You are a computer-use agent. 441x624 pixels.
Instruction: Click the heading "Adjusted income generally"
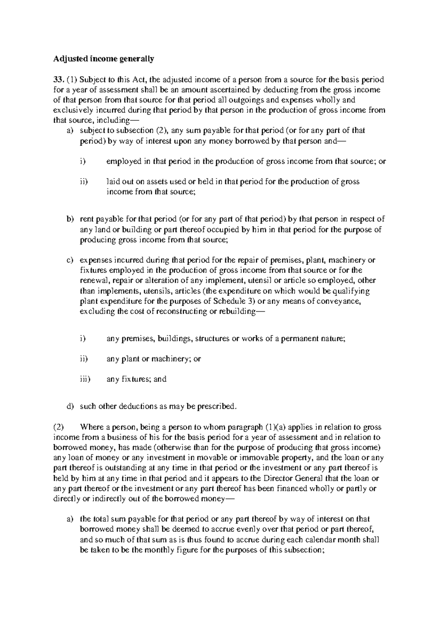pos(104,58)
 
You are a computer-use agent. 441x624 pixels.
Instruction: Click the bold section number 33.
pos(59,79)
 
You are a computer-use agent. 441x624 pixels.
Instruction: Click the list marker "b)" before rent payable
pos(70,219)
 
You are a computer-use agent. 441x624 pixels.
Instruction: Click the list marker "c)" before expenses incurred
pos(70,260)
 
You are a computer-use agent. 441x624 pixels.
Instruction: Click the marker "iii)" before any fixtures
pos(85,379)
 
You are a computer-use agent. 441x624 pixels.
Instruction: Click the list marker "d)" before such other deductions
pos(70,407)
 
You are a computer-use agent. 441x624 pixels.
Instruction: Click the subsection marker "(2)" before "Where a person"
pos(59,427)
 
